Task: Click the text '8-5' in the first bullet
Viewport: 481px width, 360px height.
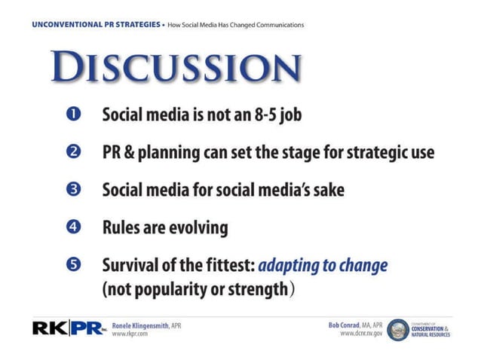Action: coord(264,115)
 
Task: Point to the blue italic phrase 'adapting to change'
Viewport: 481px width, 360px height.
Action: coord(323,264)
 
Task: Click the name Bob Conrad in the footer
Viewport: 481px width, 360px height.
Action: coord(348,325)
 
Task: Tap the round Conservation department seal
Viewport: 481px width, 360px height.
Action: coord(397,329)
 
